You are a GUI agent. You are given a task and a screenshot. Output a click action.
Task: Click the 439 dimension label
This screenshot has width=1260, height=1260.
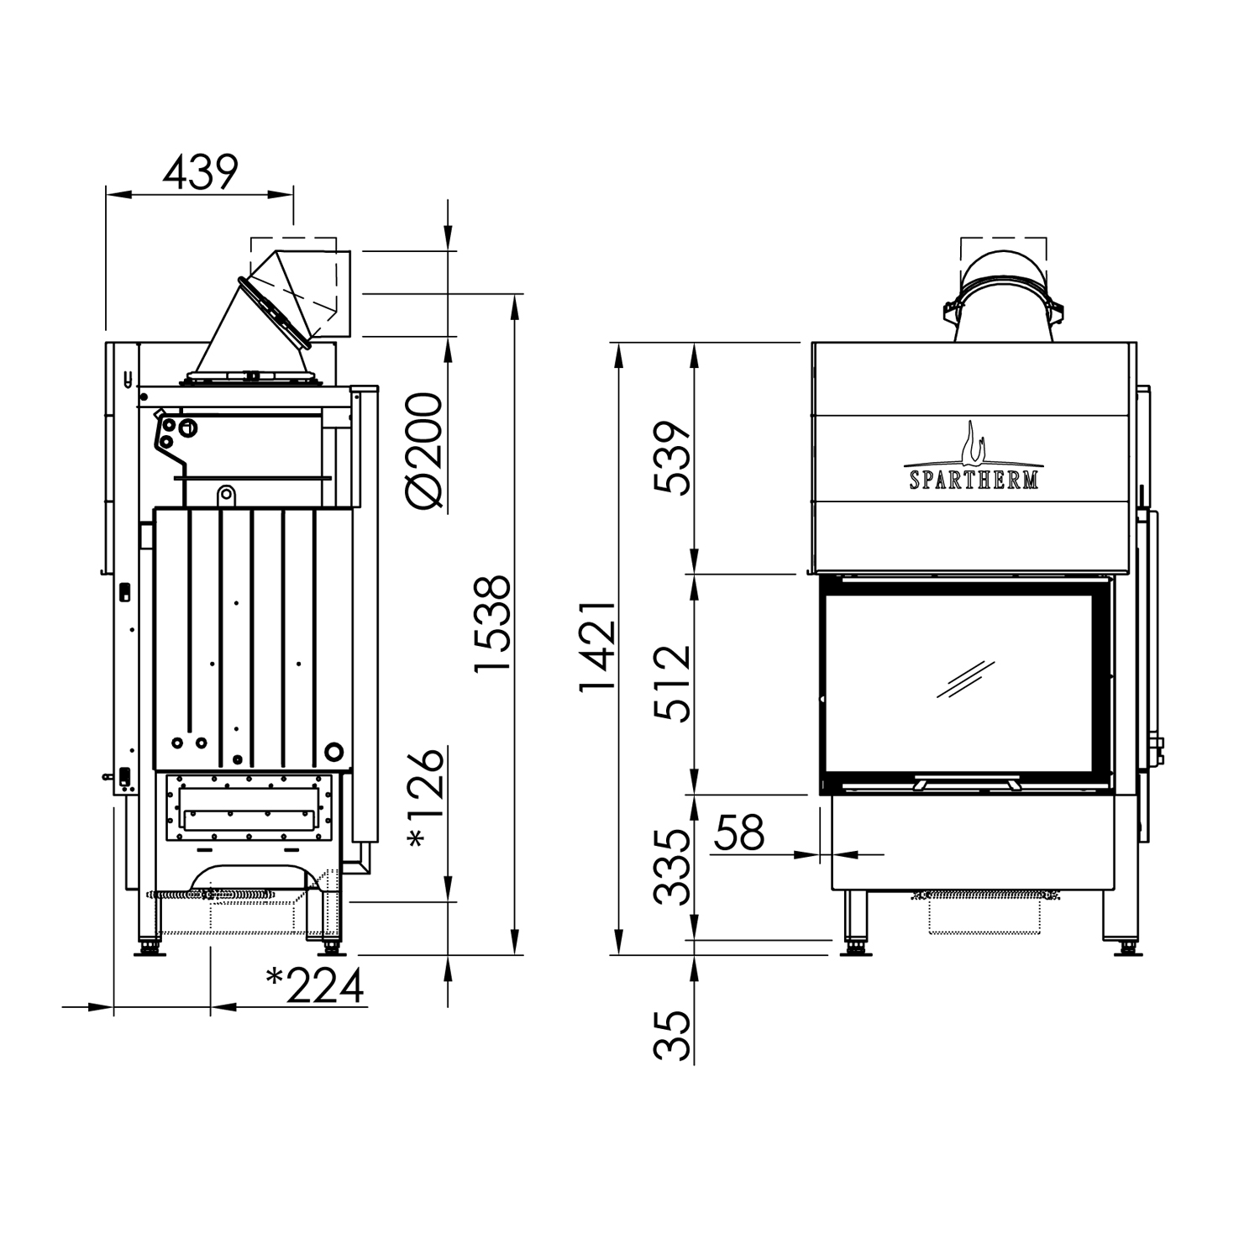201,172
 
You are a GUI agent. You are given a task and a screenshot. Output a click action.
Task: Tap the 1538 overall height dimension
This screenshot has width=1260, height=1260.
492,622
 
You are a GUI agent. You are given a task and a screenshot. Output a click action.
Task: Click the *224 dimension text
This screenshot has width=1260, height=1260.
315,986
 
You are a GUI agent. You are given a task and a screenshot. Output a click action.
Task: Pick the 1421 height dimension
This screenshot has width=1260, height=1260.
598,646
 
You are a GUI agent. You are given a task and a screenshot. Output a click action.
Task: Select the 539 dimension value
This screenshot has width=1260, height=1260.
673,459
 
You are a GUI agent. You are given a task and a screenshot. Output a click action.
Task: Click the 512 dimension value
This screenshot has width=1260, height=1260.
673,684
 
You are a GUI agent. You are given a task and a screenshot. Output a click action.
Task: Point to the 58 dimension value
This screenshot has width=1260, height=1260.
740,832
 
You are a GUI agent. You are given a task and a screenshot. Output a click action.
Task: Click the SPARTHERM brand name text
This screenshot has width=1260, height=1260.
974,480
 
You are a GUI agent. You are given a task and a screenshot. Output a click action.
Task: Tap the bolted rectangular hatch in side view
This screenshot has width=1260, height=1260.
249,806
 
